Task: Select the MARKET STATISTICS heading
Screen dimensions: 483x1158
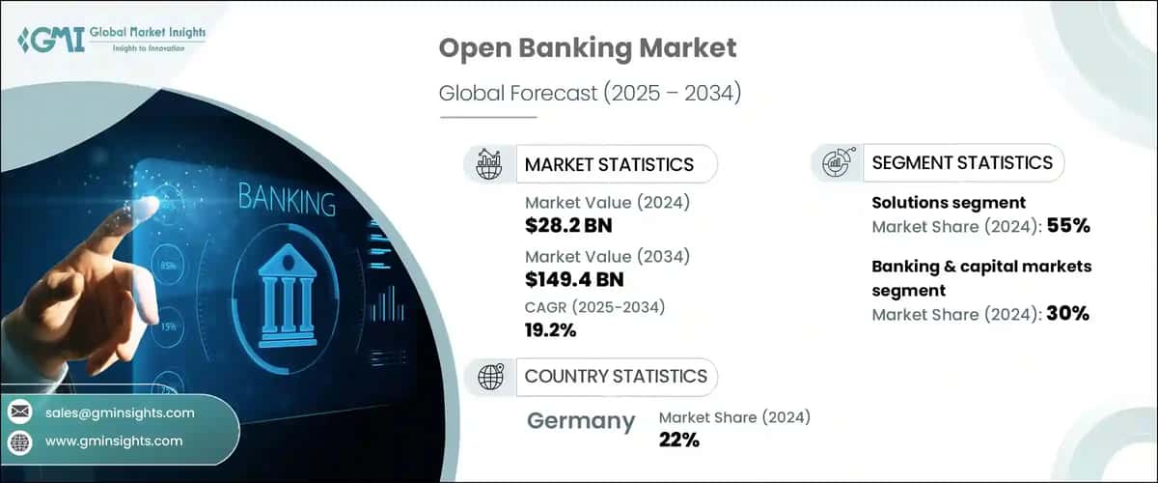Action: (609, 164)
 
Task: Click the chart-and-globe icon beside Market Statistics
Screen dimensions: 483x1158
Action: (489, 164)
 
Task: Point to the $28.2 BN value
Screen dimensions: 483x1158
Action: (569, 226)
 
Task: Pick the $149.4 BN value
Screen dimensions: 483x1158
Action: (574, 280)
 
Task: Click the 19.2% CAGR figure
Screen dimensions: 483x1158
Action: (550, 330)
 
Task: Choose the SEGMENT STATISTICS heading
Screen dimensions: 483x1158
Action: (962, 162)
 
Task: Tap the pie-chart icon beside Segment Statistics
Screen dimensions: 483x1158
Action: (836, 163)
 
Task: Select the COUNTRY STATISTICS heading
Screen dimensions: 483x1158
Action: (616, 376)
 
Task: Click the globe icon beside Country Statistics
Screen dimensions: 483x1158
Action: (490, 376)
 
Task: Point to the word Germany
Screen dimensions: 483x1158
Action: (581, 421)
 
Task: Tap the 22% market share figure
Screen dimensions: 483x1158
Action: (679, 440)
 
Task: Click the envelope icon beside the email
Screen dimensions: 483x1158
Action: (19, 412)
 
